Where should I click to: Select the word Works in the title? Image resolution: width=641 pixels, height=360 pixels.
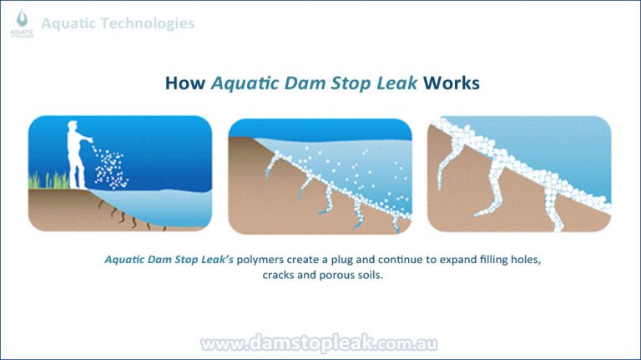[452, 84]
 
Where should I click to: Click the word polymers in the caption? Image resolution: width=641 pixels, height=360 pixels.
[263, 260]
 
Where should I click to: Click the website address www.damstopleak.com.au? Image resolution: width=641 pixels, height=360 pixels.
[320, 343]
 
